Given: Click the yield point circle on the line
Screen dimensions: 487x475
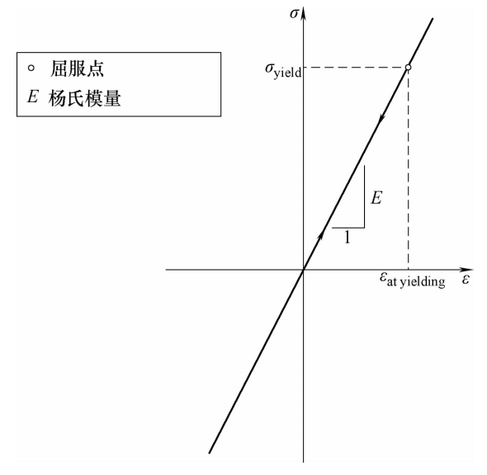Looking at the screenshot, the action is [x=408, y=68].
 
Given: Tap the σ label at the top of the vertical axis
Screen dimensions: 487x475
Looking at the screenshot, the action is [x=294, y=14].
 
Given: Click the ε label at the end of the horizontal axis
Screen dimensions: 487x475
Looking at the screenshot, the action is [x=466, y=280].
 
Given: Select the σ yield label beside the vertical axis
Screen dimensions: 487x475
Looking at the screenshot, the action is [x=283, y=70].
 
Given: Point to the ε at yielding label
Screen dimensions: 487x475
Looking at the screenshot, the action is [x=413, y=280].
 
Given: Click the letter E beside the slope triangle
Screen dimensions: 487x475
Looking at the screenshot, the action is [x=376, y=198].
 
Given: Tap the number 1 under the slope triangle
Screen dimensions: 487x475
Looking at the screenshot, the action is [x=348, y=237].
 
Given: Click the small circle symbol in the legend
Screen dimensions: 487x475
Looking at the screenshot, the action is [x=31, y=68].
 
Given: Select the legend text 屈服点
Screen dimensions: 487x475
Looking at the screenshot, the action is [x=77, y=68].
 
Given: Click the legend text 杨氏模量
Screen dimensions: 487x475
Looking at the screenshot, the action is [x=84, y=98].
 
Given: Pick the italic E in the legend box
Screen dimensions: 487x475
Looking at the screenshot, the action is [x=32, y=96].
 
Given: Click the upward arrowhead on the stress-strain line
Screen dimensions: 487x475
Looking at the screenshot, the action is [x=321, y=237].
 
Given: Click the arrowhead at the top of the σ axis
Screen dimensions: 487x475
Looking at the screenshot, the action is [x=304, y=14].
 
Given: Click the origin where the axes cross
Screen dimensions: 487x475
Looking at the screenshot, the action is [x=304, y=270].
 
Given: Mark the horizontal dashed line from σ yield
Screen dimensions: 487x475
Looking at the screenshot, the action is [x=354, y=68].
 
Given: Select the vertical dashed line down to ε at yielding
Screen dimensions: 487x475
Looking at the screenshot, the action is [x=408, y=170].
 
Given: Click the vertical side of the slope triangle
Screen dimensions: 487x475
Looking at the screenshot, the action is [x=364, y=196].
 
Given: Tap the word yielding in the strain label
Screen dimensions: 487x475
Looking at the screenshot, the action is [x=423, y=282].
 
